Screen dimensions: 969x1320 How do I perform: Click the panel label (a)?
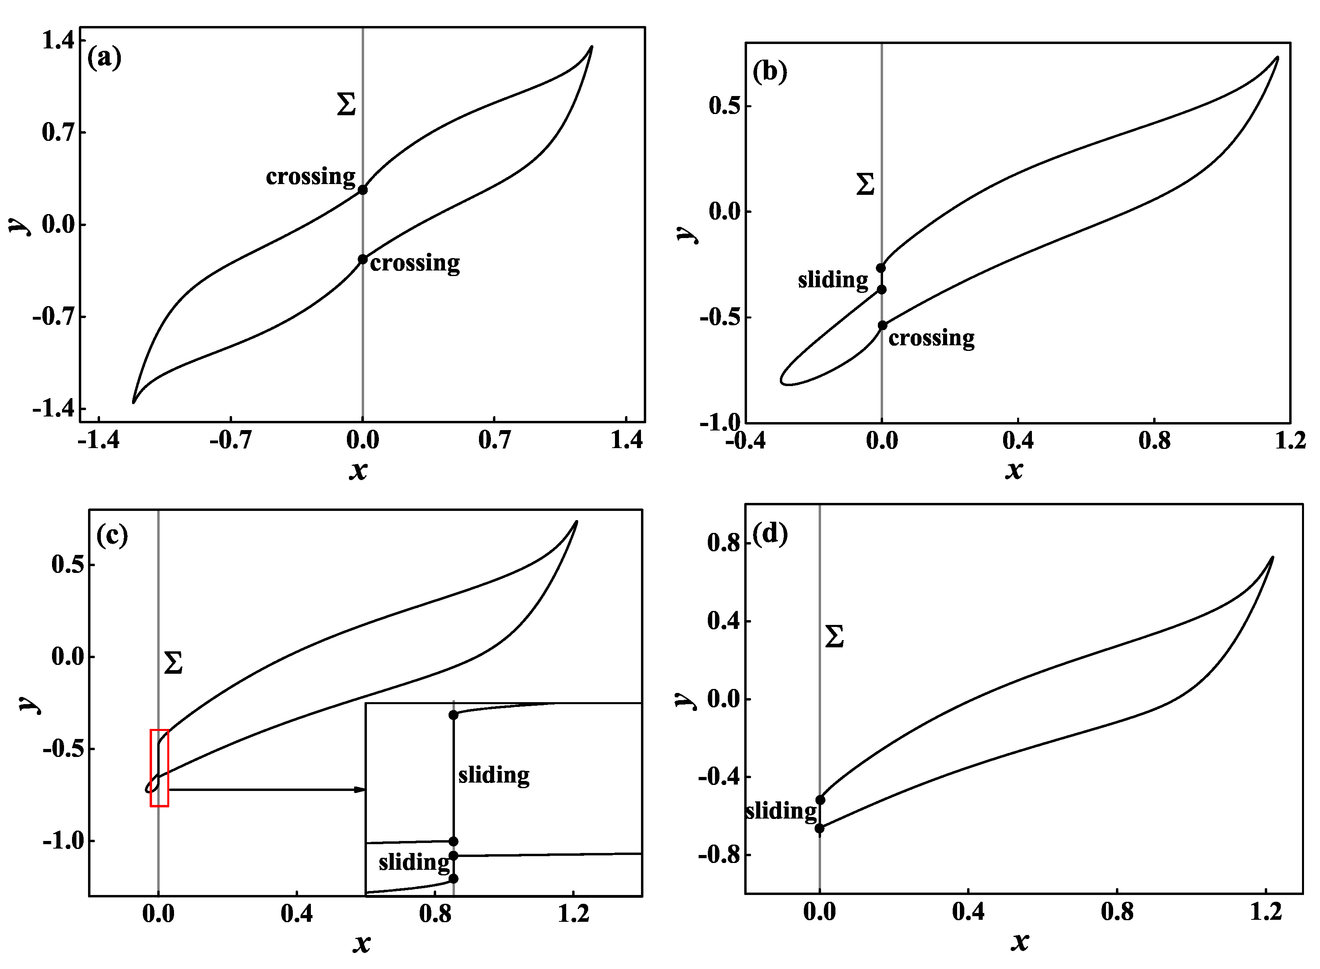[104, 58]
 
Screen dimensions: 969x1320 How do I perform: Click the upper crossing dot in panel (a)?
[363, 190]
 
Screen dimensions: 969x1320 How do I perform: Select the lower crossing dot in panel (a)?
[363, 259]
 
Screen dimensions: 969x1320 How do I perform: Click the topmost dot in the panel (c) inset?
[453, 715]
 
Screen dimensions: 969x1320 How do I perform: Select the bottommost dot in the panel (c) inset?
[453, 879]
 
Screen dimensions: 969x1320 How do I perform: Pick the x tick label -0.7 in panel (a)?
[230, 440]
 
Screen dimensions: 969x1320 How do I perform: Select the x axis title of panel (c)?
[361, 943]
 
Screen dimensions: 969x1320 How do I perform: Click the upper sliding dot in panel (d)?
[820, 800]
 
